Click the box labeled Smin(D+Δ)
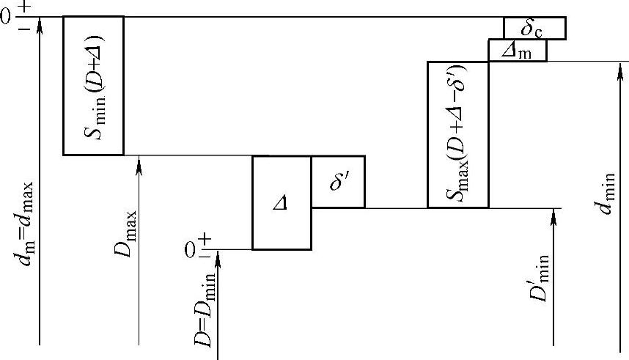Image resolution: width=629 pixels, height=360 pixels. click(x=93, y=85)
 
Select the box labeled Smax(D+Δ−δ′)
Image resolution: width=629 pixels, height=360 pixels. click(x=457, y=134)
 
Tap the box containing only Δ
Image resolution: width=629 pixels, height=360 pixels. click(x=282, y=202)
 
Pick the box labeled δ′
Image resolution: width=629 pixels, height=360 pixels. click(x=338, y=181)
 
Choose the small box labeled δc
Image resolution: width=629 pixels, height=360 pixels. click(x=534, y=28)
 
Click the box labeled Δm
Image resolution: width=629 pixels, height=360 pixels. click(x=518, y=50)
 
